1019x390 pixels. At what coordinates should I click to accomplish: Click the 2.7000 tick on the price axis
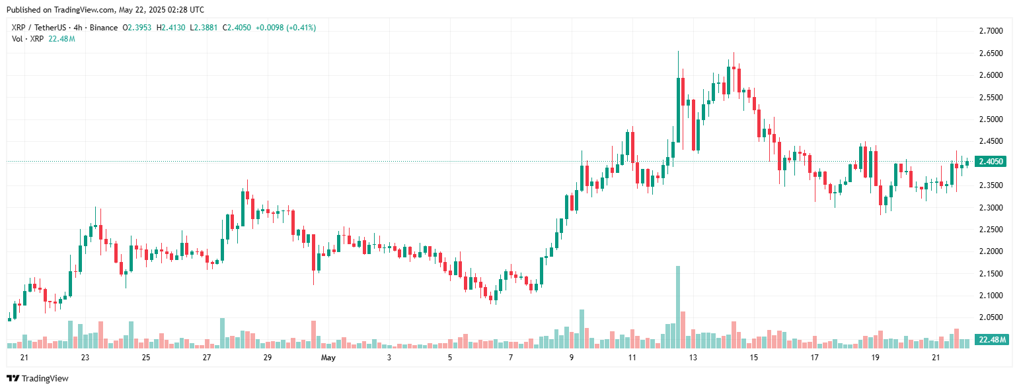[x=990, y=31]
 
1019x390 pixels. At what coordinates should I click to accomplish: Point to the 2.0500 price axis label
[x=990, y=317]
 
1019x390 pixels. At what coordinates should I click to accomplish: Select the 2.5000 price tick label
[x=990, y=119]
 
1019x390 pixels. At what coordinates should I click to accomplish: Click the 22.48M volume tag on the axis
[x=993, y=340]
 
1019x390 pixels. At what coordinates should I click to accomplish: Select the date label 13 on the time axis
[x=693, y=358]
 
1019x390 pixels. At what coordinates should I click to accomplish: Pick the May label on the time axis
[x=328, y=358]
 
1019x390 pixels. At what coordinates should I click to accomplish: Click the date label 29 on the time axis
[x=267, y=358]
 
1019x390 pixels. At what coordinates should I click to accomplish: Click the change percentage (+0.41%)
[x=301, y=28]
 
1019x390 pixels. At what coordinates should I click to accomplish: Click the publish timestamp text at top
[x=105, y=10]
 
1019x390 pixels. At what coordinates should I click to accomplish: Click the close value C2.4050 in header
[x=237, y=28]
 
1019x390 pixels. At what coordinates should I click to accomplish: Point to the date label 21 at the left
[x=24, y=358]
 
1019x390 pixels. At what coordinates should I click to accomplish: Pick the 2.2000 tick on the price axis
[x=990, y=251]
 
